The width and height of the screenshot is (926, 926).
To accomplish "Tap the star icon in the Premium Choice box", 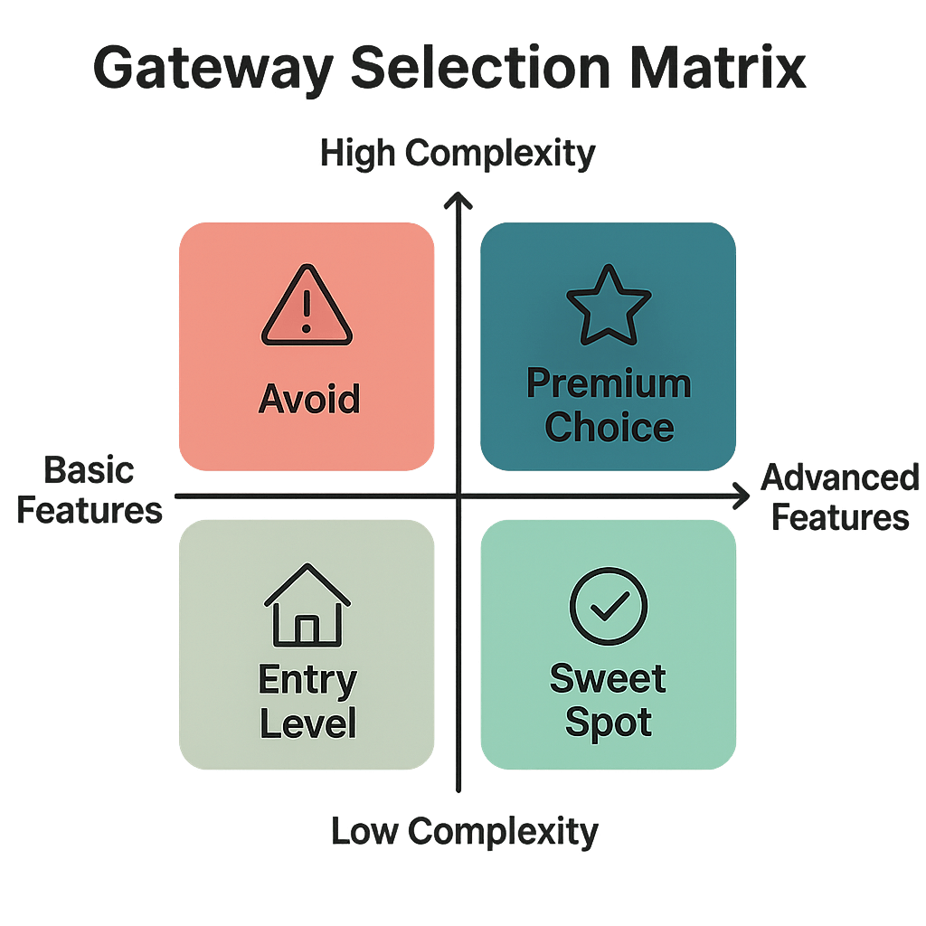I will click(x=608, y=305).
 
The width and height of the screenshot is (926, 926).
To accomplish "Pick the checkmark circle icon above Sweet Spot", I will click(x=608, y=606).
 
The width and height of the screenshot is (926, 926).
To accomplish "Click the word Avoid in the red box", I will click(x=308, y=399).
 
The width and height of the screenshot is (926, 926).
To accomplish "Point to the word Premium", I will click(x=608, y=384).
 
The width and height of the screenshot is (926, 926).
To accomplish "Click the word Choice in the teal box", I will click(x=609, y=427).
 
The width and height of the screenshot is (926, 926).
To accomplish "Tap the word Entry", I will click(x=307, y=681).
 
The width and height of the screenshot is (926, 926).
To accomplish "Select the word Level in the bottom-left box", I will click(x=307, y=723).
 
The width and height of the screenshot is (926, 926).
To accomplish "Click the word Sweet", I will click(x=608, y=679).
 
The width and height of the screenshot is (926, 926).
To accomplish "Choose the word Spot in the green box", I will click(x=608, y=723).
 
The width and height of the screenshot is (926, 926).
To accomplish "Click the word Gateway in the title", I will click(x=213, y=70).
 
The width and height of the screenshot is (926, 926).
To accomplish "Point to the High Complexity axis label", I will click(x=458, y=154).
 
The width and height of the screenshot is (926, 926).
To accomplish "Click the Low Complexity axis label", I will click(x=464, y=830).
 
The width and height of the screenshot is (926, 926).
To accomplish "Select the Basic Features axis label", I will click(x=90, y=491).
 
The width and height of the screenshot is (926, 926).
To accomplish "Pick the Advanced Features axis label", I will click(x=839, y=496).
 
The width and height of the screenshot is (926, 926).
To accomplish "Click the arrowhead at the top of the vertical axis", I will click(x=460, y=198).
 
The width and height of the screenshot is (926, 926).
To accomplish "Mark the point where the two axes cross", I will click(x=460, y=496).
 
